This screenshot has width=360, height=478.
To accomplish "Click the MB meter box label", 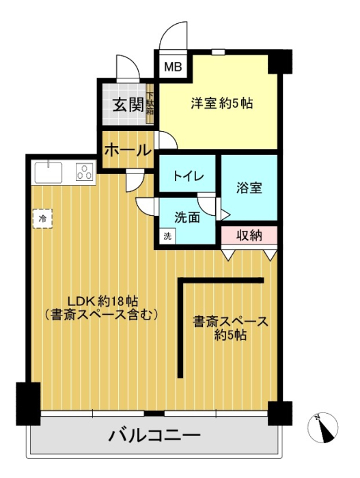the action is click(173, 66).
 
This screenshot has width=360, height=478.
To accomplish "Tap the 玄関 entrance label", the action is click(128, 105).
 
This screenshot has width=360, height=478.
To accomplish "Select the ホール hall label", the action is click(128, 150).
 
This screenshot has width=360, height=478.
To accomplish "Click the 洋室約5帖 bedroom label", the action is click(222, 104).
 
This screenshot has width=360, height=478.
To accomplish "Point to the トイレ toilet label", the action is click(189, 176).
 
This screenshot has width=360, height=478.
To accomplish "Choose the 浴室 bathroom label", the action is click(249, 188).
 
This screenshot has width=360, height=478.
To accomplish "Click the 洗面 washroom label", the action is click(187, 217).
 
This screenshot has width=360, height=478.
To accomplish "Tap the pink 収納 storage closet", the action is click(249, 235).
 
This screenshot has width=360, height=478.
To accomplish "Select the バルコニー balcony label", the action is click(154, 436).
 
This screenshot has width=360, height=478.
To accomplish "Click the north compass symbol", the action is click(323, 427).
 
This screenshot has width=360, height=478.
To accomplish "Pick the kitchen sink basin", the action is click(49, 173).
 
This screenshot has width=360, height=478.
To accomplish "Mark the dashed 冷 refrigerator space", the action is click(43, 219).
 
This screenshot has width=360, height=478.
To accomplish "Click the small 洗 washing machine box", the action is click(167, 236).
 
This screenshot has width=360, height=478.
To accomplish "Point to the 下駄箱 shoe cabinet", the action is click(150, 104).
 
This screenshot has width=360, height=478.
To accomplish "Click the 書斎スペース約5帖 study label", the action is click(230, 328).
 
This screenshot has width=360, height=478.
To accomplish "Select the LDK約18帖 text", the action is click(102, 302).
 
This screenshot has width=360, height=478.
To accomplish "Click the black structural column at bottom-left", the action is click(28, 404).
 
